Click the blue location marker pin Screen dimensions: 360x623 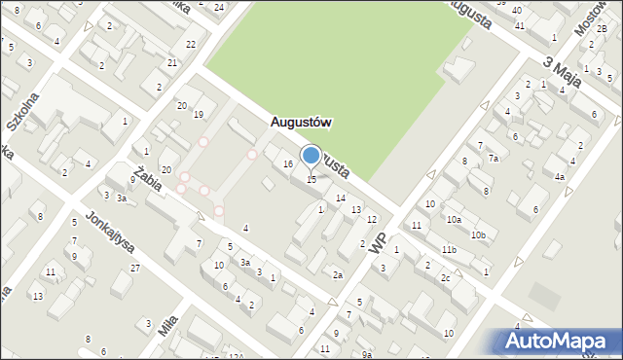click(x=311, y=156)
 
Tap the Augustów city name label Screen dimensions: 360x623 click(x=301, y=123)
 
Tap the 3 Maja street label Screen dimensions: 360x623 click(x=561, y=74)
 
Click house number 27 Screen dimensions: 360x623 click(x=135, y=268)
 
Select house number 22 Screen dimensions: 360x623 click(x=191, y=45)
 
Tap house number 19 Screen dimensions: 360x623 click(x=198, y=115)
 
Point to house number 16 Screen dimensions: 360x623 click(x=288, y=164)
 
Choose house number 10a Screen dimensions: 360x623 click(x=454, y=220)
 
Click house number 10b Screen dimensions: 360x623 click(x=477, y=235)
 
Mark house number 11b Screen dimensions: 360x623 click(x=448, y=251)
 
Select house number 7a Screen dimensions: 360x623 click(x=494, y=158)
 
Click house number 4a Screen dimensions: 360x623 click(x=559, y=177)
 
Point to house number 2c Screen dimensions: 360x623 click(x=445, y=278)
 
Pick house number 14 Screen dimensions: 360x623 click(x=340, y=198)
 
